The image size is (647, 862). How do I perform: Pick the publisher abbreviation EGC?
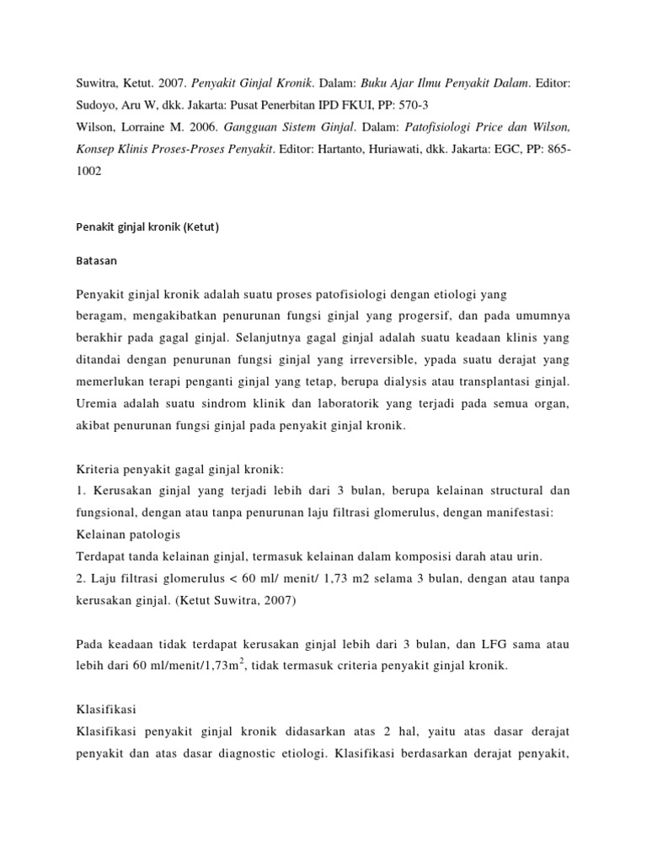pos(489,149)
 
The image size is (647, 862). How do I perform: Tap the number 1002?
pos(89,169)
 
